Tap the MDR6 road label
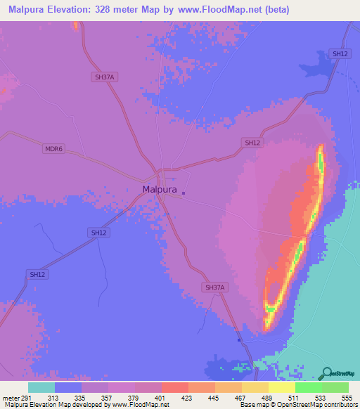pos(53,148)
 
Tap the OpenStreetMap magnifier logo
pos(328,372)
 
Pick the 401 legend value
pos(161,398)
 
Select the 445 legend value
pos(214,398)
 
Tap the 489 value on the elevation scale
pos(268,398)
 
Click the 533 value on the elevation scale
pos(321,398)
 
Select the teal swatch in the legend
pos(41,387)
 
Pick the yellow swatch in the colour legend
pos(281,387)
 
